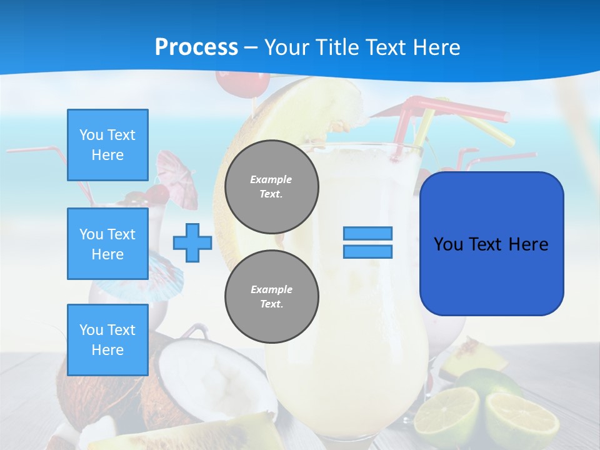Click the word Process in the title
click(196, 47)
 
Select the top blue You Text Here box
click(107, 145)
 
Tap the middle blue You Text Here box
click(107, 244)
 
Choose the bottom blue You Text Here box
click(107, 340)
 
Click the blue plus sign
click(192, 242)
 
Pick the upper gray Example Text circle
click(271, 187)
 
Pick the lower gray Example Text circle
click(271, 297)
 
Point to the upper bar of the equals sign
click(367, 233)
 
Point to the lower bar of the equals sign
click(367, 251)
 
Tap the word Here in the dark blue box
click(528, 244)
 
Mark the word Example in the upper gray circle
click(271, 179)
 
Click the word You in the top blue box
click(90, 135)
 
